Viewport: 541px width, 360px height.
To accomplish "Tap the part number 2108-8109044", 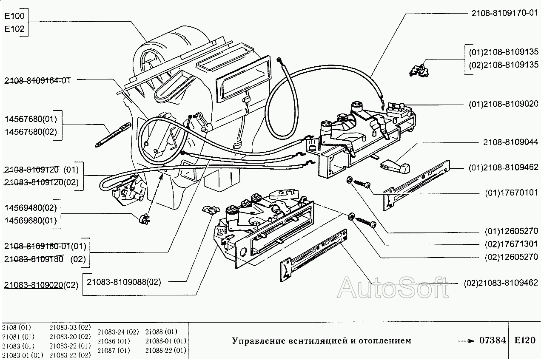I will (510, 142).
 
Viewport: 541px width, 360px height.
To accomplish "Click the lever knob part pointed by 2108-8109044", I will (395, 166).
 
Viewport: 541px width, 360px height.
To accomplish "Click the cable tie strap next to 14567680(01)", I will (113, 133).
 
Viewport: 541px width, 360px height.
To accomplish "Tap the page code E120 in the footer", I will (524, 340).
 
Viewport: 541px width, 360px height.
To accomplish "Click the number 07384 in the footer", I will (493, 340).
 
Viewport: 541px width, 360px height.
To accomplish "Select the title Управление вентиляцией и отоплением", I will (322, 341).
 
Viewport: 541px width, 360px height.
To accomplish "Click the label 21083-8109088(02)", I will (124, 281).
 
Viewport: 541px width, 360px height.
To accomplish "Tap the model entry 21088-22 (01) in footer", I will (165, 351).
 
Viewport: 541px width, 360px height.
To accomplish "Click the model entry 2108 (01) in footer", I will (17, 328).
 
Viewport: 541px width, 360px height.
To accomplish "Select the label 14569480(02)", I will (30, 208).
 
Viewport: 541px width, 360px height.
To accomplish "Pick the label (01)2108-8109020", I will (504, 104).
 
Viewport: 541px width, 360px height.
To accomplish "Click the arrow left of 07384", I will (467, 341).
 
